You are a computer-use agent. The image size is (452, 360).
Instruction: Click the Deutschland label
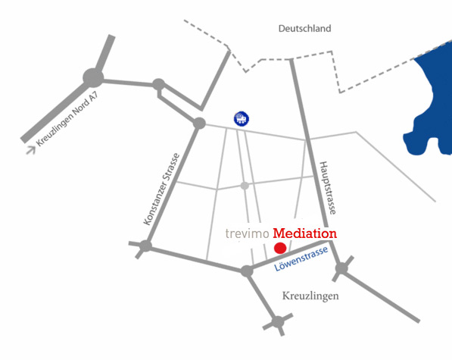(304, 29)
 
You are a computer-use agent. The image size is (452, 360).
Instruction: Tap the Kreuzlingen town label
(310, 296)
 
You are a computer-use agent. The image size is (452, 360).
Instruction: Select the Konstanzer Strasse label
(162, 189)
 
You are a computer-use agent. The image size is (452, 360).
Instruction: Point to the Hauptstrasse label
(328, 188)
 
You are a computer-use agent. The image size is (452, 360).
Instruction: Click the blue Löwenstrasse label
(301, 258)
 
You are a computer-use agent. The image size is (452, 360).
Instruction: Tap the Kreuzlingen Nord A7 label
(67, 119)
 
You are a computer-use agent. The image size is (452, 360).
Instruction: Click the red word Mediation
(304, 233)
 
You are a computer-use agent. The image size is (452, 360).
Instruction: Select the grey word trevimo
(247, 233)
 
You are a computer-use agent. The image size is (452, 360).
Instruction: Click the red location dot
(280, 248)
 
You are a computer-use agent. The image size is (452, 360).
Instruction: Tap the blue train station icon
(242, 118)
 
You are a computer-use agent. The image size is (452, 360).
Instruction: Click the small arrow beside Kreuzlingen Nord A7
(31, 150)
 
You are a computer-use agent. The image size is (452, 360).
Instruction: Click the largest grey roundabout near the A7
(93, 77)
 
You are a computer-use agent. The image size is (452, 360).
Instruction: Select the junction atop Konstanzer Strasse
(199, 124)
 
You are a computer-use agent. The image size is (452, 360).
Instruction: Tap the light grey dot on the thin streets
(245, 186)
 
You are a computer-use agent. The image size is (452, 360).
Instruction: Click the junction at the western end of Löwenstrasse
(247, 271)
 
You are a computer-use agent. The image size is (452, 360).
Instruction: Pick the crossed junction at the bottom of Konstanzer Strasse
(145, 246)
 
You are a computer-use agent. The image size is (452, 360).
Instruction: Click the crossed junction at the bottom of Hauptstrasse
(341, 268)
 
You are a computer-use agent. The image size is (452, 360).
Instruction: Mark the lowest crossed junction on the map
(278, 322)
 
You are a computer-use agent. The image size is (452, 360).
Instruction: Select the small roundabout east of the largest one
(158, 85)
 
